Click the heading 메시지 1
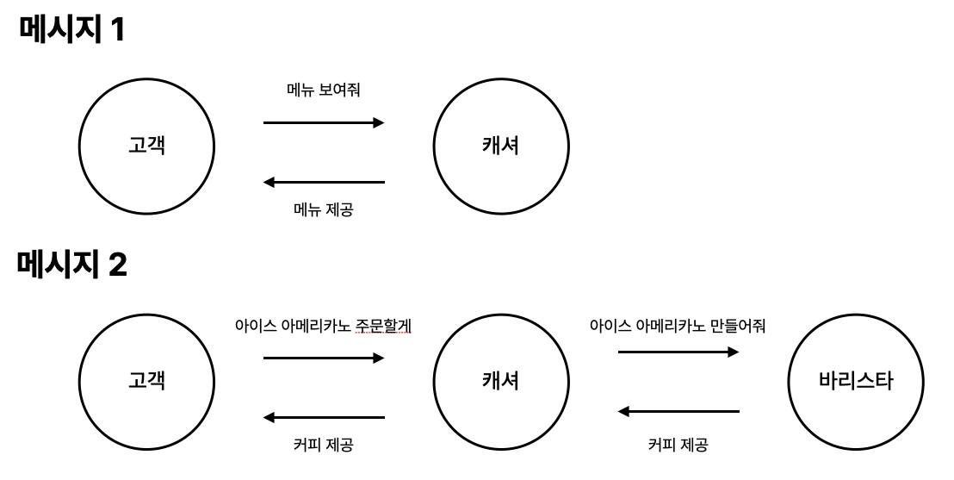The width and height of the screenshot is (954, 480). point(71,30)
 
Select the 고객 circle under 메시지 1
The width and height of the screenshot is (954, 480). point(146,146)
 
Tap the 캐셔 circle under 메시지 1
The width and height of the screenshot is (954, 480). point(499,146)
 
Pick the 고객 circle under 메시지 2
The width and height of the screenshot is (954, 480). point(146,381)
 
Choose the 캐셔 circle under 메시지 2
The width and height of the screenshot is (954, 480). point(499,381)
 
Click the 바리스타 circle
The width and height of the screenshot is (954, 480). point(855,381)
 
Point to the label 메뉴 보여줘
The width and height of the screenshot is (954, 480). point(323,90)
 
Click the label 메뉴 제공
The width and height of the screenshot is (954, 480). point(323,210)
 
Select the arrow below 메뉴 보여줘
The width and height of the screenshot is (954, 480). point(323,123)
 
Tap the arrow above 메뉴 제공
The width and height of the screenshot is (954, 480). point(323,182)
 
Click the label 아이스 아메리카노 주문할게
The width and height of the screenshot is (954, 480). point(323,326)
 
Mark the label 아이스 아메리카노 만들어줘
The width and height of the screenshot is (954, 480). point(678,326)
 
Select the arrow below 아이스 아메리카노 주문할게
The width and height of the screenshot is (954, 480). point(323,358)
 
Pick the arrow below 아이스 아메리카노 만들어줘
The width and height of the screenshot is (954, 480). point(678,352)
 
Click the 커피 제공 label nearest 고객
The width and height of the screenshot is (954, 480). point(323,446)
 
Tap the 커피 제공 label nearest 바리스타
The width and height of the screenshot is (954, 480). point(678,446)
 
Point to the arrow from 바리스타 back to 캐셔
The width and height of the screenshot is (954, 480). point(678,412)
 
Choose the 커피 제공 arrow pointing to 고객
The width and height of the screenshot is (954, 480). point(323,418)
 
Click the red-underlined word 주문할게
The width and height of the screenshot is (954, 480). point(383,326)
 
